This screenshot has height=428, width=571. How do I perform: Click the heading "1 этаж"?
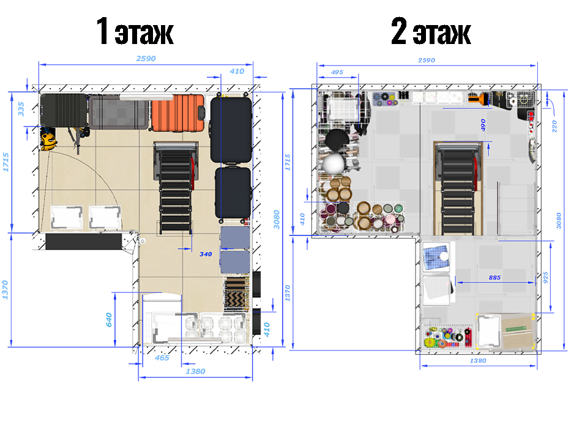click(x=135, y=32)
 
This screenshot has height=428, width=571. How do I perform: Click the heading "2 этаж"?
click(x=431, y=32)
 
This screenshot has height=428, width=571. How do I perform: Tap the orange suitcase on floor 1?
click(x=177, y=114)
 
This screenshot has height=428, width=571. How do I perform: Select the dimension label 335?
click(x=22, y=109)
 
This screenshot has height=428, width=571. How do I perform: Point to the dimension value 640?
click(x=108, y=319)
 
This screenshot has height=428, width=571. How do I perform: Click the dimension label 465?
click(x=162, y=358)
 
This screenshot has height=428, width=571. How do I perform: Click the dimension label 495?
click(x=337, y=72)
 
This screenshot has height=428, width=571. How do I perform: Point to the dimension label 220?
click(x=554, y=126)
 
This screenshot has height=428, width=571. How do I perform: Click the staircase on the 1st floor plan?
click(x=176, y=186)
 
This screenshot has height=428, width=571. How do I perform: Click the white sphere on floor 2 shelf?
click(x=334, y=163)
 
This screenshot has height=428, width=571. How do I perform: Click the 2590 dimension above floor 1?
click(x=145, y=59)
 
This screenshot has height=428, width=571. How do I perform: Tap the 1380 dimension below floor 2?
click(x=477, y=361)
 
